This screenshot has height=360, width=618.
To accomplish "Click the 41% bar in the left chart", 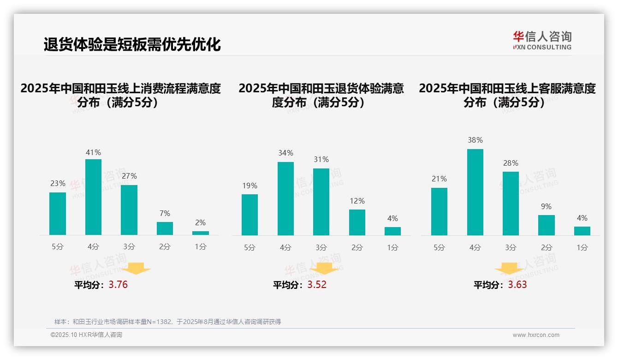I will click(93, 197).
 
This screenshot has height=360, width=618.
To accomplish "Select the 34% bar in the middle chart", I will click(285, 198).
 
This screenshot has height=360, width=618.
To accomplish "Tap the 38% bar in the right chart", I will click(475, 192).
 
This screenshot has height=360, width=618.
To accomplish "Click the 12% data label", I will click(357, 201).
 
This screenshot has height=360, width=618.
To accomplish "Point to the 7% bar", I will click(165, 228).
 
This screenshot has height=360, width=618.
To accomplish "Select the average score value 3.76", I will click(118, 285).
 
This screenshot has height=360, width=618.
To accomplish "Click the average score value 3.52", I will click(317, 285).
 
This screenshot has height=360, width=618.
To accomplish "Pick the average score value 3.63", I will click(517, 285).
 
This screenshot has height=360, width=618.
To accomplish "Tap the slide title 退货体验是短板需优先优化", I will click(132, 45).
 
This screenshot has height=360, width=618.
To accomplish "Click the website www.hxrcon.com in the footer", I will click(536, 335).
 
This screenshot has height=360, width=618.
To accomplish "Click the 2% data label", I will click(200, 222).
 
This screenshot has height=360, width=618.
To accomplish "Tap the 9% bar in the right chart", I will click(547, 225).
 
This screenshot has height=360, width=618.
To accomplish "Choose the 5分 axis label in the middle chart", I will click(250, 247).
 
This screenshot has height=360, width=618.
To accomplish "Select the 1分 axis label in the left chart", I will click(200, 247).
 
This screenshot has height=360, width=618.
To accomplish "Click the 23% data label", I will click(58, 184).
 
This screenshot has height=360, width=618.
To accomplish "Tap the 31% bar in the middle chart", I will click(321, 202).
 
